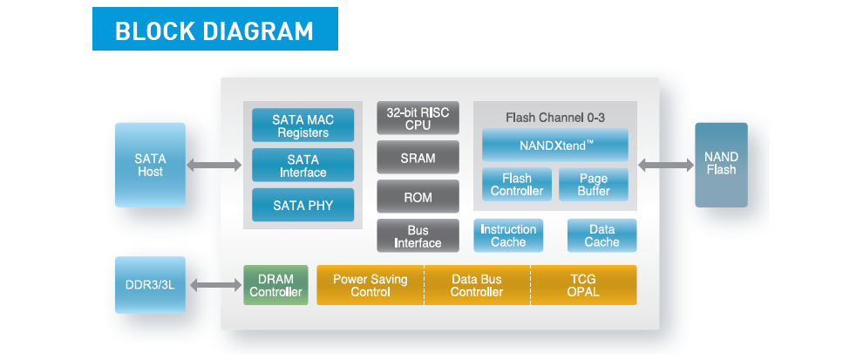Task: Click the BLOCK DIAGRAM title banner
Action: point(215,29)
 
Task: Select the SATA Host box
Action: point(150,165)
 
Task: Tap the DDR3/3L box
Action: point(150,285)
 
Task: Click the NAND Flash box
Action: point(721,165)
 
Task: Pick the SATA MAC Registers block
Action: point(302,126)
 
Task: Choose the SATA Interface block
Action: point(302,165)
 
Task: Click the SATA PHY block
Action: point(302,206)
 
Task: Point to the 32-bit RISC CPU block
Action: point(418,118)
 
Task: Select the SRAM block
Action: point(418,158)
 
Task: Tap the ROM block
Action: point(418,196)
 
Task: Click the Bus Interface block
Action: point(418,236)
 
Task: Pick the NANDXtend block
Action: point(555,146)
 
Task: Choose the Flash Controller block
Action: point(517,185)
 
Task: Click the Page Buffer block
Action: point(594,185)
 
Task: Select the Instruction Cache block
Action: point(508,235)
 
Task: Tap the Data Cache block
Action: point(602,235)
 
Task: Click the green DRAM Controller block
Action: point(275,285)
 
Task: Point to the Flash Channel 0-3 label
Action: point(555,118)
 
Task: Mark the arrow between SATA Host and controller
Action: point(214,165)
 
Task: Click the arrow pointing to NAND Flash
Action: point(666,165)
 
